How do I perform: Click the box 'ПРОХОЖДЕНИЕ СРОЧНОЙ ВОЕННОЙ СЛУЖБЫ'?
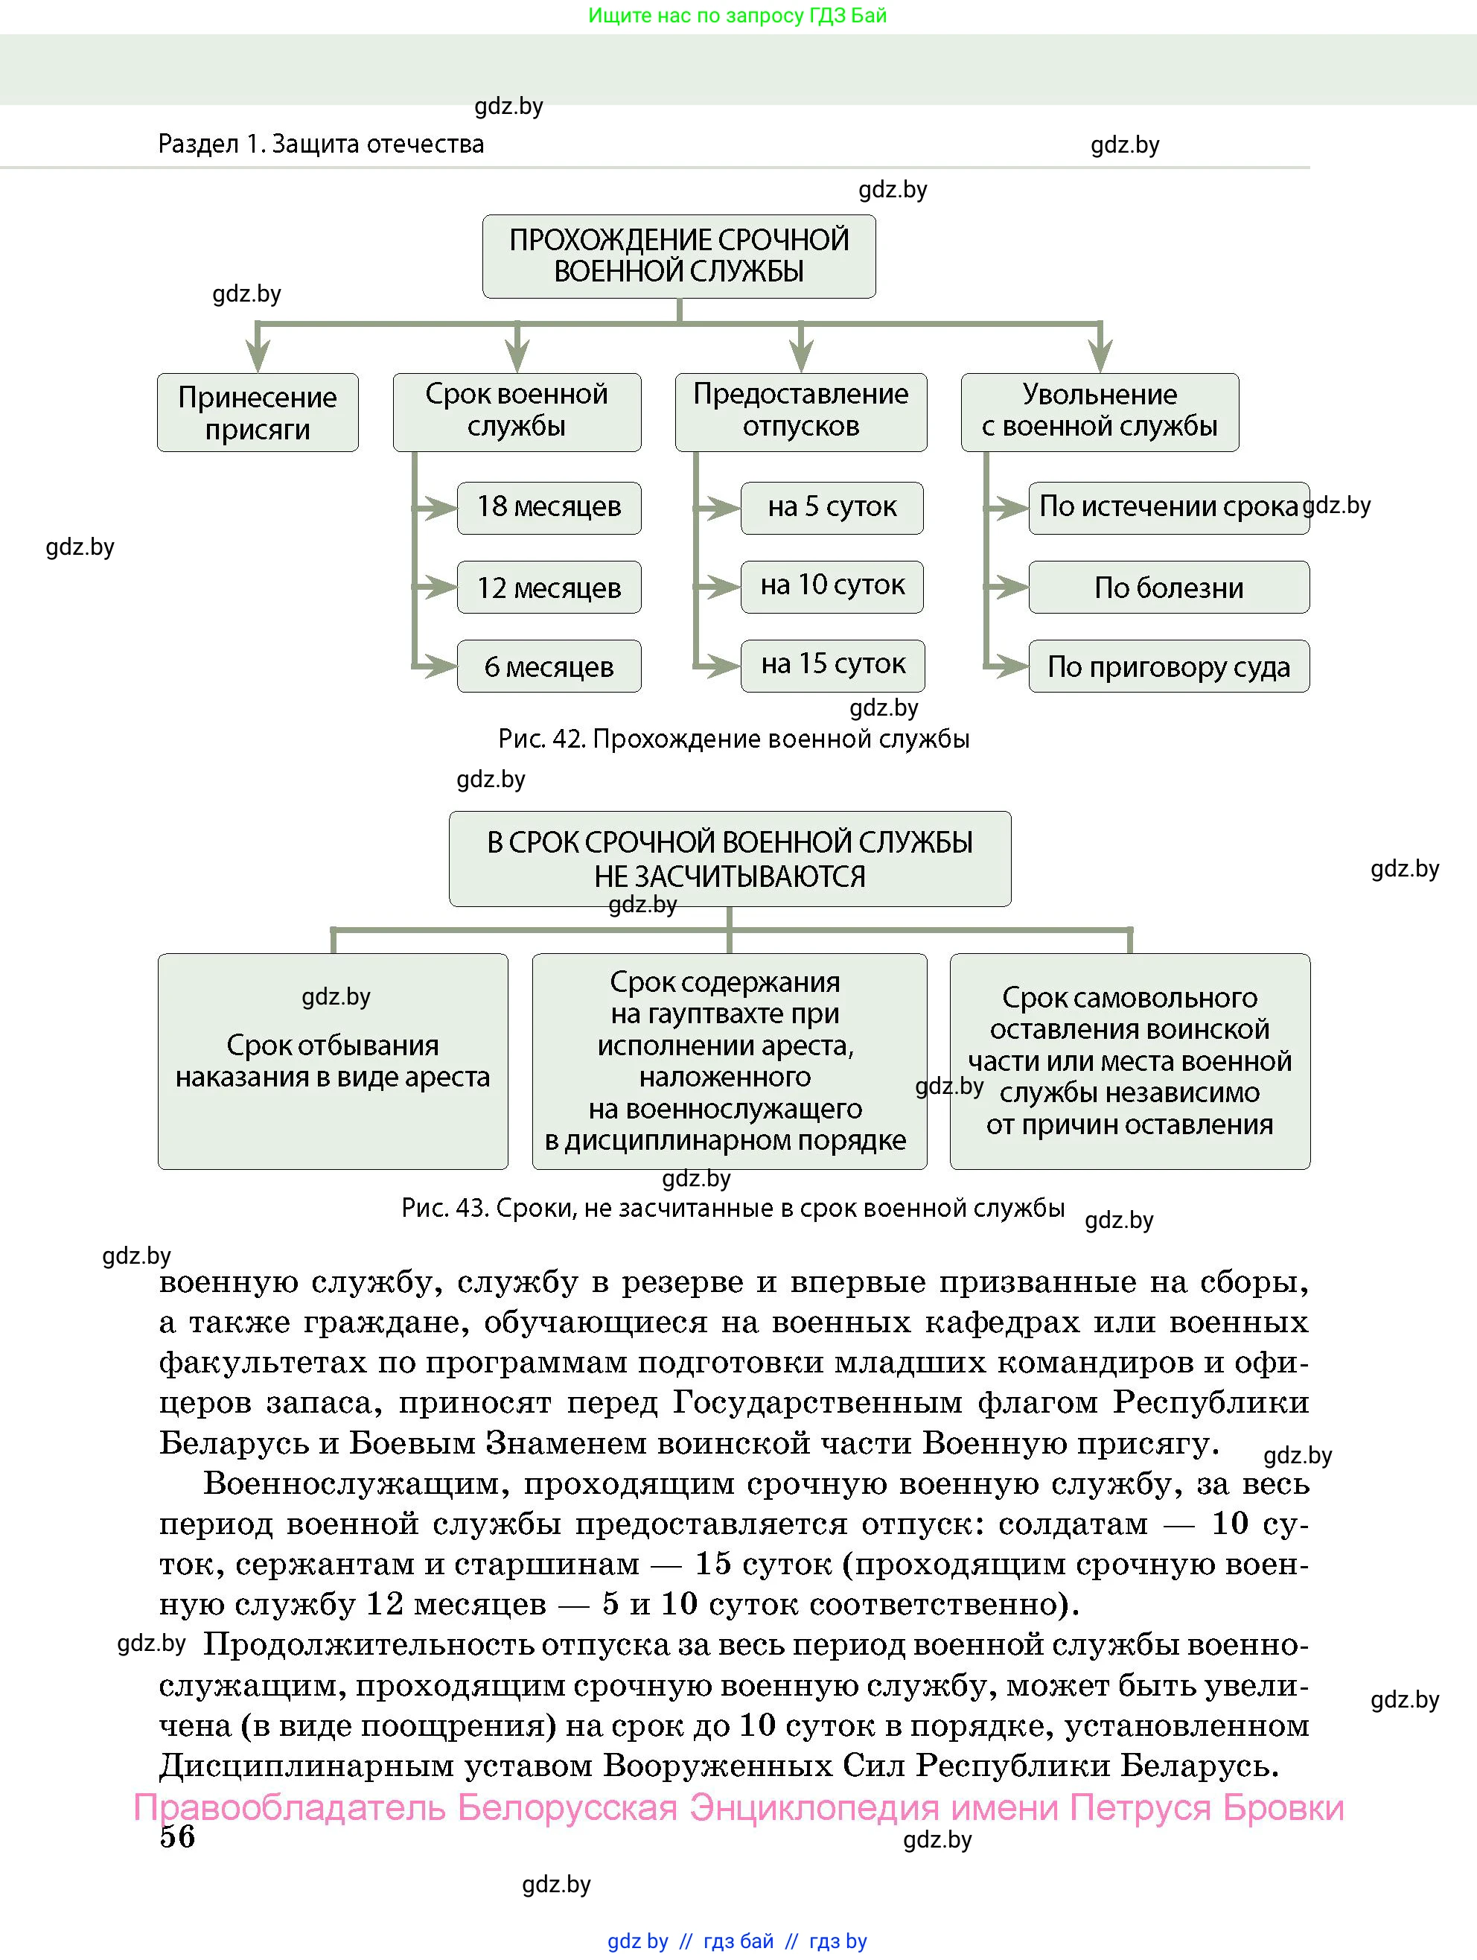click(679, 256)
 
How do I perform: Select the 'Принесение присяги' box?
click(258, 413)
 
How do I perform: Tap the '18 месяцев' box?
click(549, 508)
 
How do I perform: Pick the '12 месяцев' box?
click(549, 588)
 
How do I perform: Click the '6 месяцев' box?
click(549, 666)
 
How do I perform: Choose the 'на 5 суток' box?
click(832, 508)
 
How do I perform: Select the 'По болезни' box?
click(1169, 588)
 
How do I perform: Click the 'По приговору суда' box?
click(1169, 666)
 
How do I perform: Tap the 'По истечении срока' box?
click(1169, 508)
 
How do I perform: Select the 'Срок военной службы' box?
click(517, 412)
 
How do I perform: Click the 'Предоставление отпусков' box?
click(801, 412)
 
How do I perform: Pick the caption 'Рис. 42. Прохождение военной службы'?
click(733, 739)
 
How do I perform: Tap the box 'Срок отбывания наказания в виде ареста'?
click(334, 1061)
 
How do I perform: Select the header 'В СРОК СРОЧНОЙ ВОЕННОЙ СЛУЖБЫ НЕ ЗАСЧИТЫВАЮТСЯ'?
click(730, 859)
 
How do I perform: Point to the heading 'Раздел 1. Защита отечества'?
click(321, 144)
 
